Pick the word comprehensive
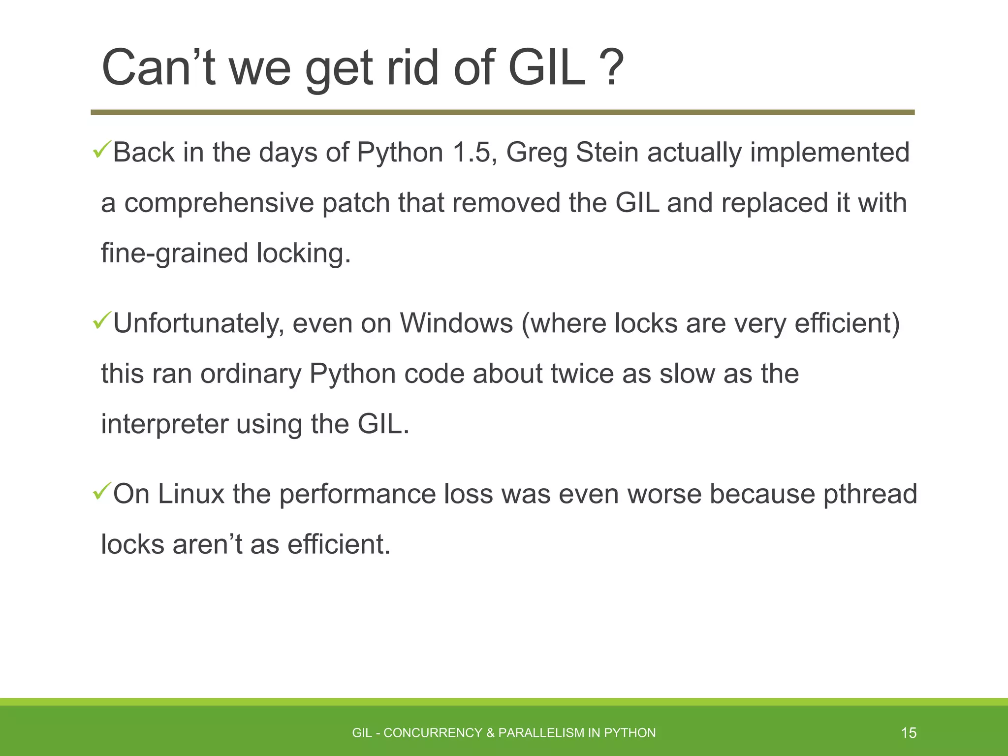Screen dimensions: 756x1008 coord(219,203)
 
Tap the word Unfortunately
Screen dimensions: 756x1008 coord(198,324)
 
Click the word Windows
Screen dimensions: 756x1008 coord(456,323)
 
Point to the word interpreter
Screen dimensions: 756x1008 coord(164,424)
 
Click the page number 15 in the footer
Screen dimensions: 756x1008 coord(909,733)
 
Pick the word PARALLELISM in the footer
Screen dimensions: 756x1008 coord(540,733)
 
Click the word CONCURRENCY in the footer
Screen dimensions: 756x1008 coord(433,733)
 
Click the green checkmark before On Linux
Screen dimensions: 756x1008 coord(101,492)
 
